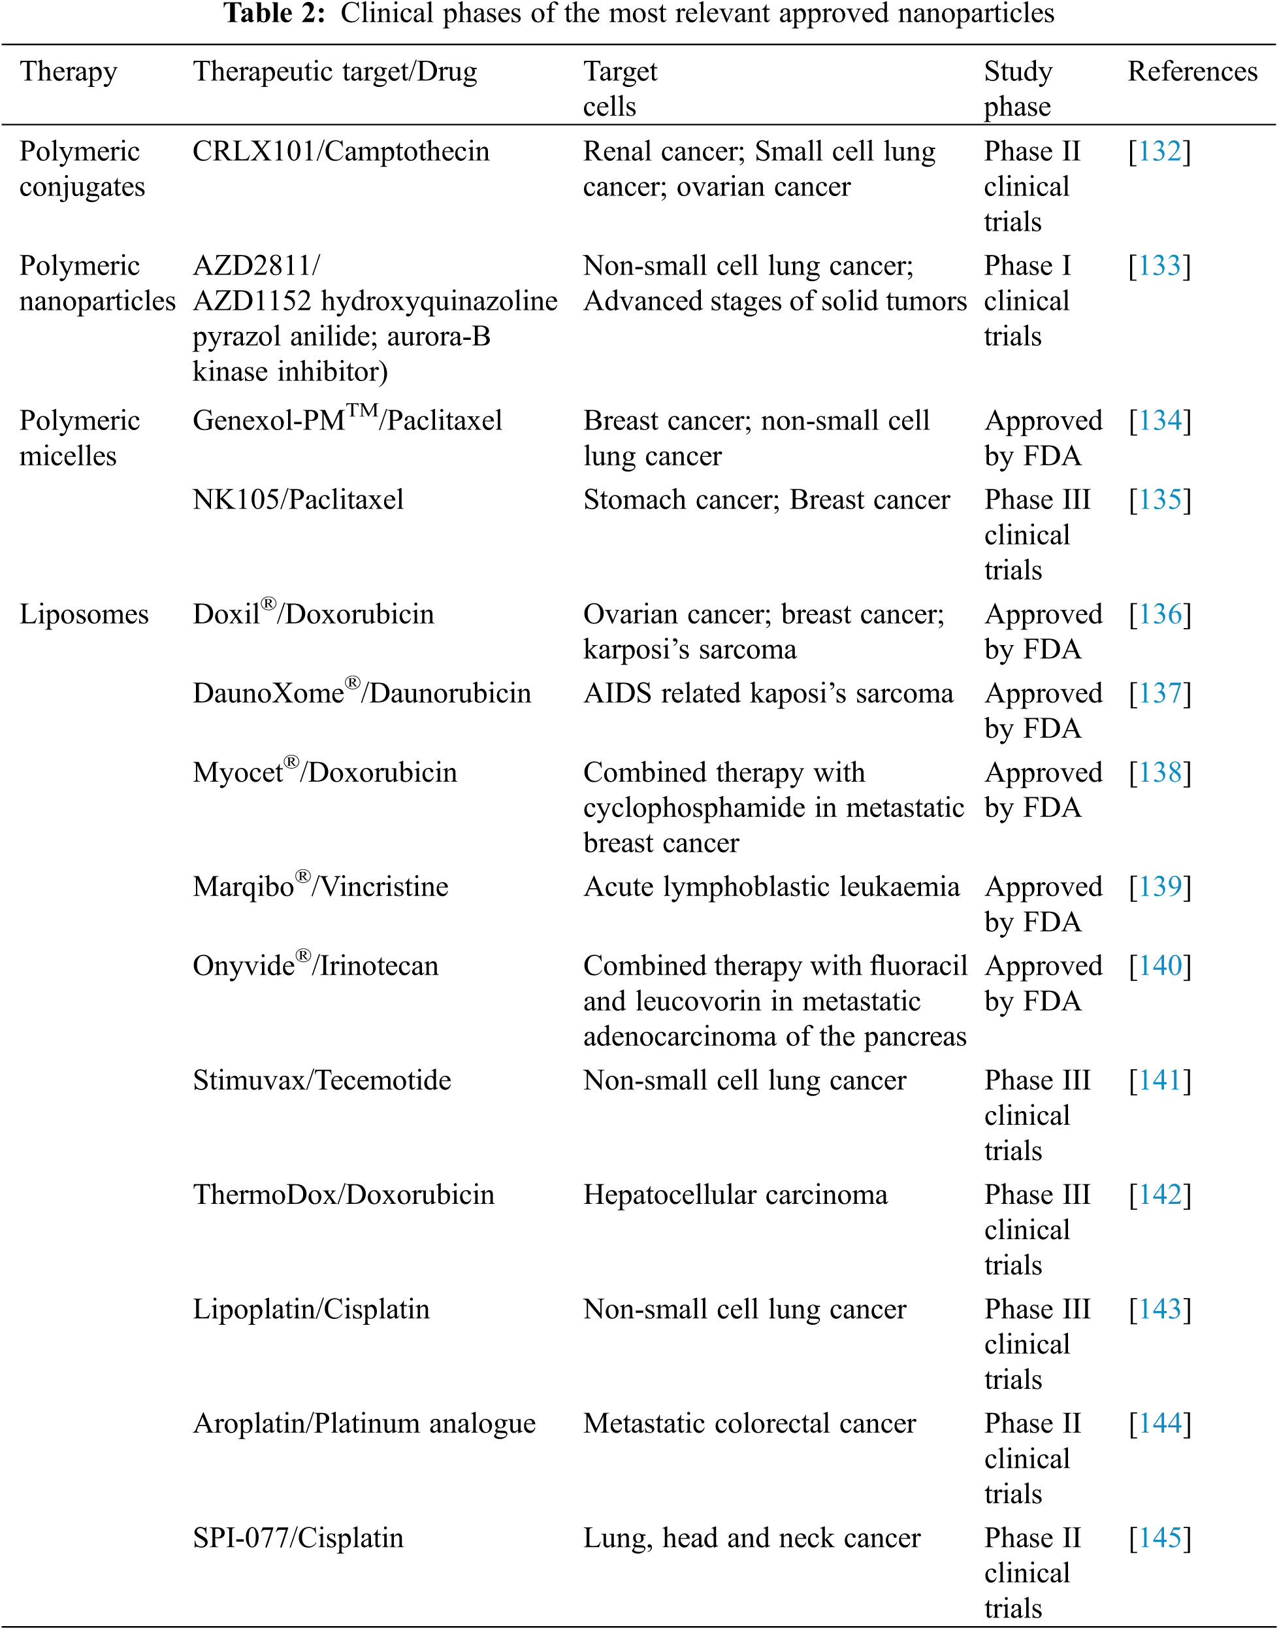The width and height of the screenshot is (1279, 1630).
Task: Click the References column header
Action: click(x=1192, y=72)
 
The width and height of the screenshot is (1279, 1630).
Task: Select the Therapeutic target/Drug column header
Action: click(x=334, y=72)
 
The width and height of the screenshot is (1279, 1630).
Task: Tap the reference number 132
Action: click(x=1159, y=152)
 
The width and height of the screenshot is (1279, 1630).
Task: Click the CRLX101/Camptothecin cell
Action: click(x=341, y=152)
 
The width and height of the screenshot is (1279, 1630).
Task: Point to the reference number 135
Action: click(x=1159, y=499)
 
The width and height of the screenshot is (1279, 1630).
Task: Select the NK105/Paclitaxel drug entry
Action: click(x=298, y=499)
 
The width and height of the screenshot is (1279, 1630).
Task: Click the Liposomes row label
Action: click(x=84, y=614)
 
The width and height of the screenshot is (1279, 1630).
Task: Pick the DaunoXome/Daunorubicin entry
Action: click(x=362, y=693)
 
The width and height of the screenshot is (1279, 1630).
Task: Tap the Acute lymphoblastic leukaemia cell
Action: click(x=771, y=887)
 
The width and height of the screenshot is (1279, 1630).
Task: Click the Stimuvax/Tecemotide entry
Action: click(x=322, y=1080)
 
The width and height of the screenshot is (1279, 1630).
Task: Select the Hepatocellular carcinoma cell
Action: click(x=736, y=1195)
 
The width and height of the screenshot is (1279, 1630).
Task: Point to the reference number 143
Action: click(x=1159, y=1309)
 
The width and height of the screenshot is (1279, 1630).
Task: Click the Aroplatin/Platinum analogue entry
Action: click(x=364, y=1423)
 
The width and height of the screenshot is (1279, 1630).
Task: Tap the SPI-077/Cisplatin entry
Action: click(x=298, y=1538)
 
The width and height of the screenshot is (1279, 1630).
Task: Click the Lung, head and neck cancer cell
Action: click(x=752, y=1538)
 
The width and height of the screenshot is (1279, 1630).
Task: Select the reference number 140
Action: click(x=1159, y=967)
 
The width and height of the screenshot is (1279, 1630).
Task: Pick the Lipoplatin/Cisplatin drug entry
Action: click(x=312, y=1309)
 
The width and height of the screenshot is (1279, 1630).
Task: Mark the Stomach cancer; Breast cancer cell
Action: click(x=767, y=499)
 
